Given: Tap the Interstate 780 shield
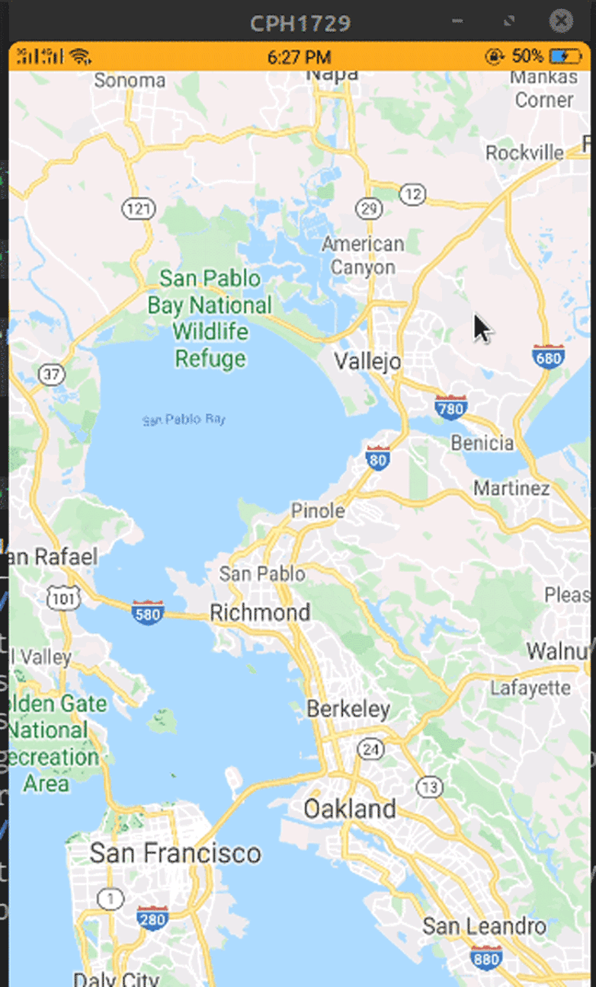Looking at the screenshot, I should [x=450, y=408].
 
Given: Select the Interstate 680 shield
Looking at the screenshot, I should [x=549, y=356].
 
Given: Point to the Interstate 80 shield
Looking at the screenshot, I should [x=378, y=457].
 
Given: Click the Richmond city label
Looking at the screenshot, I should [x=260, y=612].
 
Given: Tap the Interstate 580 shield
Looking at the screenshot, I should [x=147, y=612].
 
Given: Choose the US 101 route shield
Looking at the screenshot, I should [x=62, y=599].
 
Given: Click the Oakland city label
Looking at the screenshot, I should [x=350, y=809].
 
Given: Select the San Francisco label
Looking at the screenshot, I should [x=175, y=853].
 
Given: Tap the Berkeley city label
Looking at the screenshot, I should [x=348, y=710].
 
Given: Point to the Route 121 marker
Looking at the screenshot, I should [x=137, y=209].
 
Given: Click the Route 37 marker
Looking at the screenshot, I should [x=51, y=374].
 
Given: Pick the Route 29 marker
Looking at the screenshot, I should [x=370, y=209].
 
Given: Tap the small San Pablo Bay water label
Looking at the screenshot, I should [x=184, y=420].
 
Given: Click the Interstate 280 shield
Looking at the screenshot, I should [x=152, y=919].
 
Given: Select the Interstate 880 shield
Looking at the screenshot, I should [x=486, y=957].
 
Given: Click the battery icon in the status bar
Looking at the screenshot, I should [x=565, y=56].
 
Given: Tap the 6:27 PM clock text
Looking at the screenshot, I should [x=300, y=57].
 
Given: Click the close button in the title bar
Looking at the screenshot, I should [x=561, y=21].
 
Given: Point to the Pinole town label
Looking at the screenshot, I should [x=318, y=511].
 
